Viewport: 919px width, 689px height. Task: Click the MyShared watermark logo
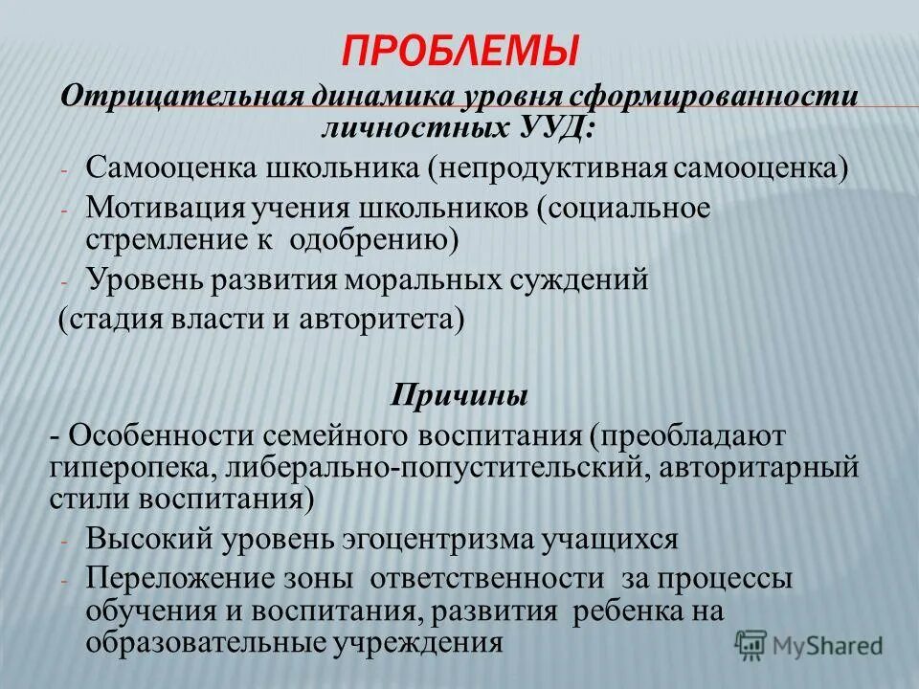[809, 644]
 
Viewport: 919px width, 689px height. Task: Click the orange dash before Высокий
[64, 541]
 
